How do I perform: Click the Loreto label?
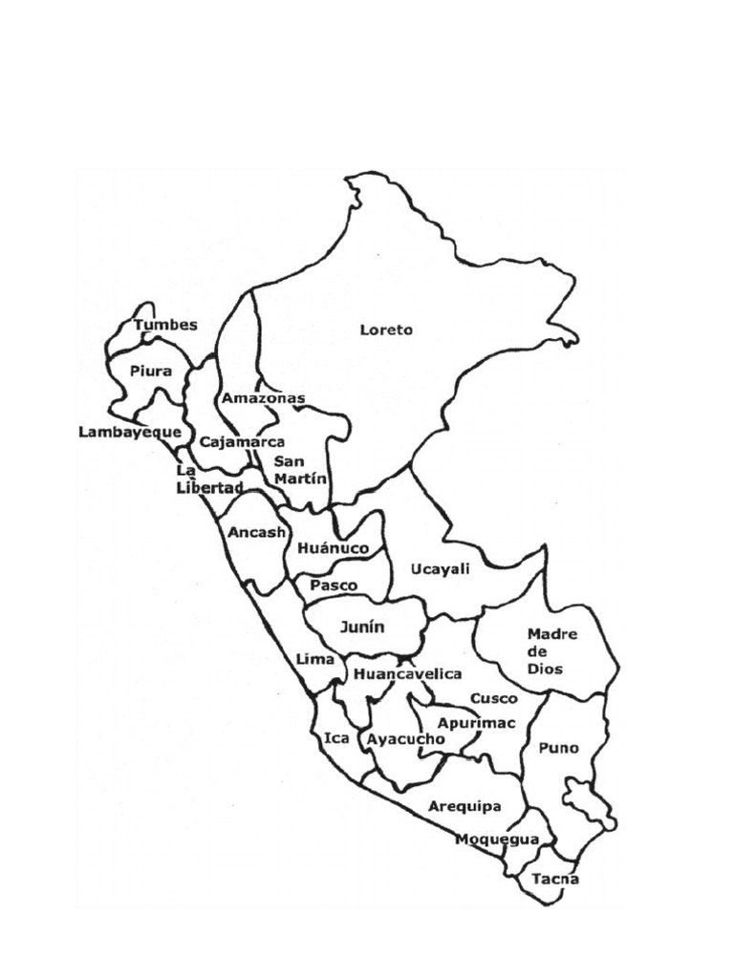click(386, 330)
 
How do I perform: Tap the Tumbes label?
click(165, 325)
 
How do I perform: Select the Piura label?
click(151, 372)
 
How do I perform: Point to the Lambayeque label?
click(130, 432)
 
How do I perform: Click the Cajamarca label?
click(242, 442)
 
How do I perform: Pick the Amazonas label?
click(263, 397)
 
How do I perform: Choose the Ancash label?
click(257, 532)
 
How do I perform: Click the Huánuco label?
click(333, 549)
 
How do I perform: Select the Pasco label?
click(334, 585)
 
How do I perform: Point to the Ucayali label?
click(441, 569)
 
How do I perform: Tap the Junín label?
click(362, 627)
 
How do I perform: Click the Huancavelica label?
click(407, 674)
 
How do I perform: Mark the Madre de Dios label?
click(545, 650)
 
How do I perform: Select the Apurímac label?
click(476, 723)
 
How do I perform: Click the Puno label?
click(558, 748)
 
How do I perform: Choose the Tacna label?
click(555, 879)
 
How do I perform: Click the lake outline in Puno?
click(586, 800)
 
